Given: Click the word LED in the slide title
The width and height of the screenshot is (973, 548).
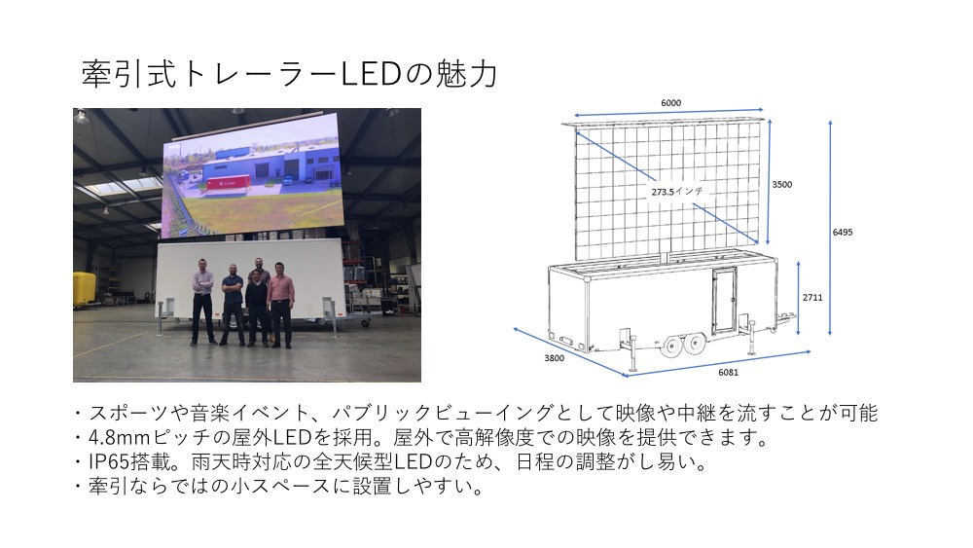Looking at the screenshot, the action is coord(371,74).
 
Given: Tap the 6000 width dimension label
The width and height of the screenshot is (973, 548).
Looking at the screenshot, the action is coord(670,103).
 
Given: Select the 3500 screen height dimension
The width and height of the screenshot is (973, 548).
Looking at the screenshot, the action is coord(782,184).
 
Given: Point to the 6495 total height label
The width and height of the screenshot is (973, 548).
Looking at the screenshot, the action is coord(843,232).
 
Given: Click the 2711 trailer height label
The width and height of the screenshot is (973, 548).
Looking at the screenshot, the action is coord(812,297).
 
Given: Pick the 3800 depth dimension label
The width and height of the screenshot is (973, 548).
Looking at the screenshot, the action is coord(555,358).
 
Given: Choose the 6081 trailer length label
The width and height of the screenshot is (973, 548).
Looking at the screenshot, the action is coord(729,373).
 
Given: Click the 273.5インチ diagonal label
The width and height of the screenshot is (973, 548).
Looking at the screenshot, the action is coord(677,191).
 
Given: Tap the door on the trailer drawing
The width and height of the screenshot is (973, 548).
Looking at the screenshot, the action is coord(724,301).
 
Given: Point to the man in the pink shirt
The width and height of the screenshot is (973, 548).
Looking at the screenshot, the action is coord(280,304).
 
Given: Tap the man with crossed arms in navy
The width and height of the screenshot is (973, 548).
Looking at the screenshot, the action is coord(233,304).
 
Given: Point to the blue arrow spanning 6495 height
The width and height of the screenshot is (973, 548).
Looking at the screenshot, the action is coord(830,228).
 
